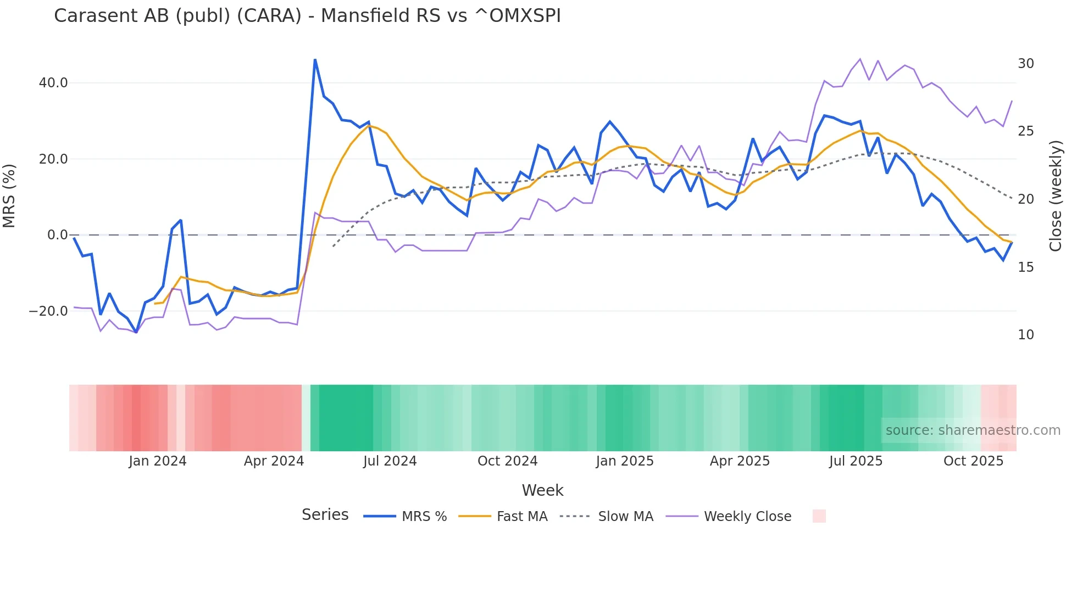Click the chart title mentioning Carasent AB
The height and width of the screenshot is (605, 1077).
[x=307, y=16]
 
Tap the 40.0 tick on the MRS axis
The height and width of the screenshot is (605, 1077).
[x=53, y=83]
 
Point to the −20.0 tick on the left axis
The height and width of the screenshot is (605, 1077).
[x=48, y=311]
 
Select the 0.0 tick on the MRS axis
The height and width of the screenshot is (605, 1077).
[x=57, y=235]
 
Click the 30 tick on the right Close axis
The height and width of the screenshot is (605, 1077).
[x=1025, y=64]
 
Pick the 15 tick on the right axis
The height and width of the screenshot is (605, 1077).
[x=1025, y=267]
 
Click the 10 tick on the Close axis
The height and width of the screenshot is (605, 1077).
[x=1025, y=335]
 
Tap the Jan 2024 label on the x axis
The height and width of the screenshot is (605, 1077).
[x=157, y=461]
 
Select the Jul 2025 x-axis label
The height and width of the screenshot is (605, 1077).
[x=856, y=461]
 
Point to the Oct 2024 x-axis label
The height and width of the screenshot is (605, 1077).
[x=507, y=461]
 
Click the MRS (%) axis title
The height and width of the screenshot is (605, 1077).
[x=9, y=196]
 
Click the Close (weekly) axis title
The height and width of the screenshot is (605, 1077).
[x=1056, y=196]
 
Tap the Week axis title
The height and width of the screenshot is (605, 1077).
[x=542, y=490]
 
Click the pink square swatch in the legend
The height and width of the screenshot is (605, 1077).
[x=819, y=516]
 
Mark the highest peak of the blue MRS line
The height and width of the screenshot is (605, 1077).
[x=315, y=59]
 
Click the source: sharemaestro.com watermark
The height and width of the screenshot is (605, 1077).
[x=973, y=430]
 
